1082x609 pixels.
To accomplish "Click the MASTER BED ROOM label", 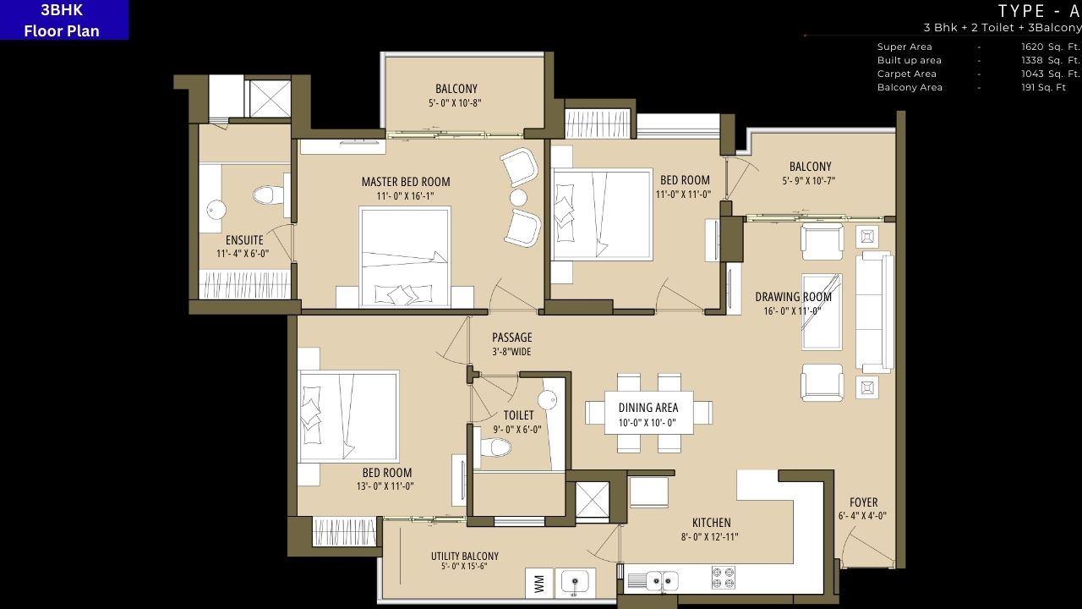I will (406, 182).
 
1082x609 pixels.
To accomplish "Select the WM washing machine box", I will (538, 583).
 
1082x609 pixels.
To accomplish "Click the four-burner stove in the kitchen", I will (723, 578).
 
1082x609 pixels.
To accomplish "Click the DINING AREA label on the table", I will (648, 408).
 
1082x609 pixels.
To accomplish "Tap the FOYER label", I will (863, 502).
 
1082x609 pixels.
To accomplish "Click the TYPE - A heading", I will (1039, 11).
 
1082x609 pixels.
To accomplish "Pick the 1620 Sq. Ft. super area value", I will (1050, 47).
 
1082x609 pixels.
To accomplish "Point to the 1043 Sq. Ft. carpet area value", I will (1050, 74).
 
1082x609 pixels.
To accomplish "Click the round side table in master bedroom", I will (518, 197).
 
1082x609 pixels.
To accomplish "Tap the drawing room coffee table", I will (822, 311).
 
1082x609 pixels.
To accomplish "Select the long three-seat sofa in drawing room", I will (874, 311).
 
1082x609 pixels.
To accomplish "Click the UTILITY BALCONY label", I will (464, 557).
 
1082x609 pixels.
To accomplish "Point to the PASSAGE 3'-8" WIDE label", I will (512, 344).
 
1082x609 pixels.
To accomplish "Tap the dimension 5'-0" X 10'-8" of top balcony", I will (456, 103).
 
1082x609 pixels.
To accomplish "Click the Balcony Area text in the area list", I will (910, 88).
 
